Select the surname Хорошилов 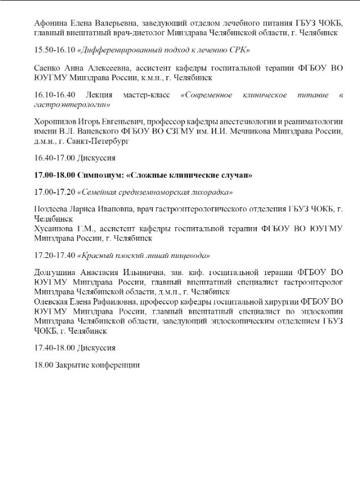[57, 122]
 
